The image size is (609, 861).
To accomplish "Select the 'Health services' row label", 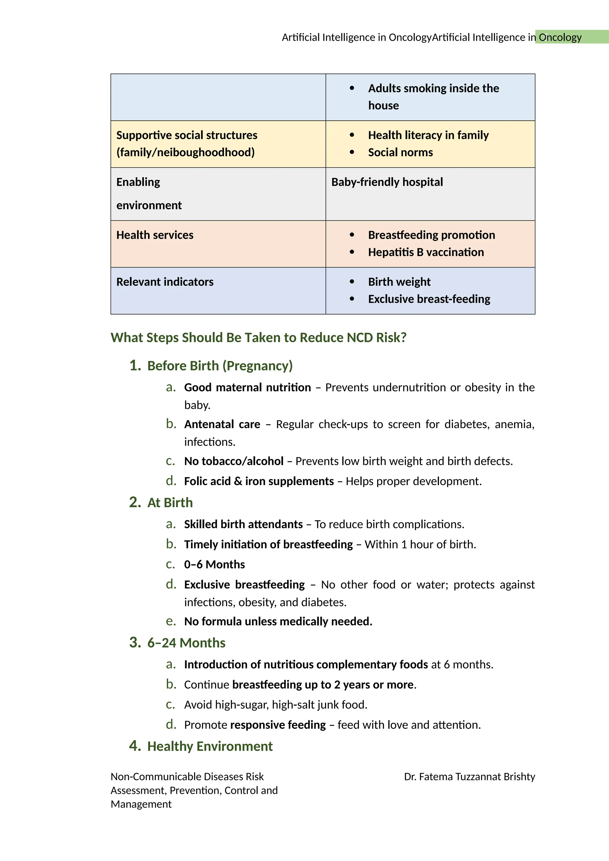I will click(155, 235).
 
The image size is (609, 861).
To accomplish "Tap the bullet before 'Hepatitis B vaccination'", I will click(352, 252).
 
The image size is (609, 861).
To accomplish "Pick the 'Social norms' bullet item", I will click(400, 152).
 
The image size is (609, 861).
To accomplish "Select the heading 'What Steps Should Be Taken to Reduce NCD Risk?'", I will click(258, 337).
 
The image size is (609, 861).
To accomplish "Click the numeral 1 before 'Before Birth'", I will click(134, 366).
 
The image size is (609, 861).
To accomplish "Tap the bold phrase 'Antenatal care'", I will click(222, 424).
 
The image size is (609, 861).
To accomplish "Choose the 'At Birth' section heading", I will click(170, 502).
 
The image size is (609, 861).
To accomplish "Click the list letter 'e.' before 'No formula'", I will click(171, 621).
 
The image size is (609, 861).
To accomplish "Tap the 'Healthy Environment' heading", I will click(210, 746).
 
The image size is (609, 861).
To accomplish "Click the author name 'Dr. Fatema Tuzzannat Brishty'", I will click(469, 777).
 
